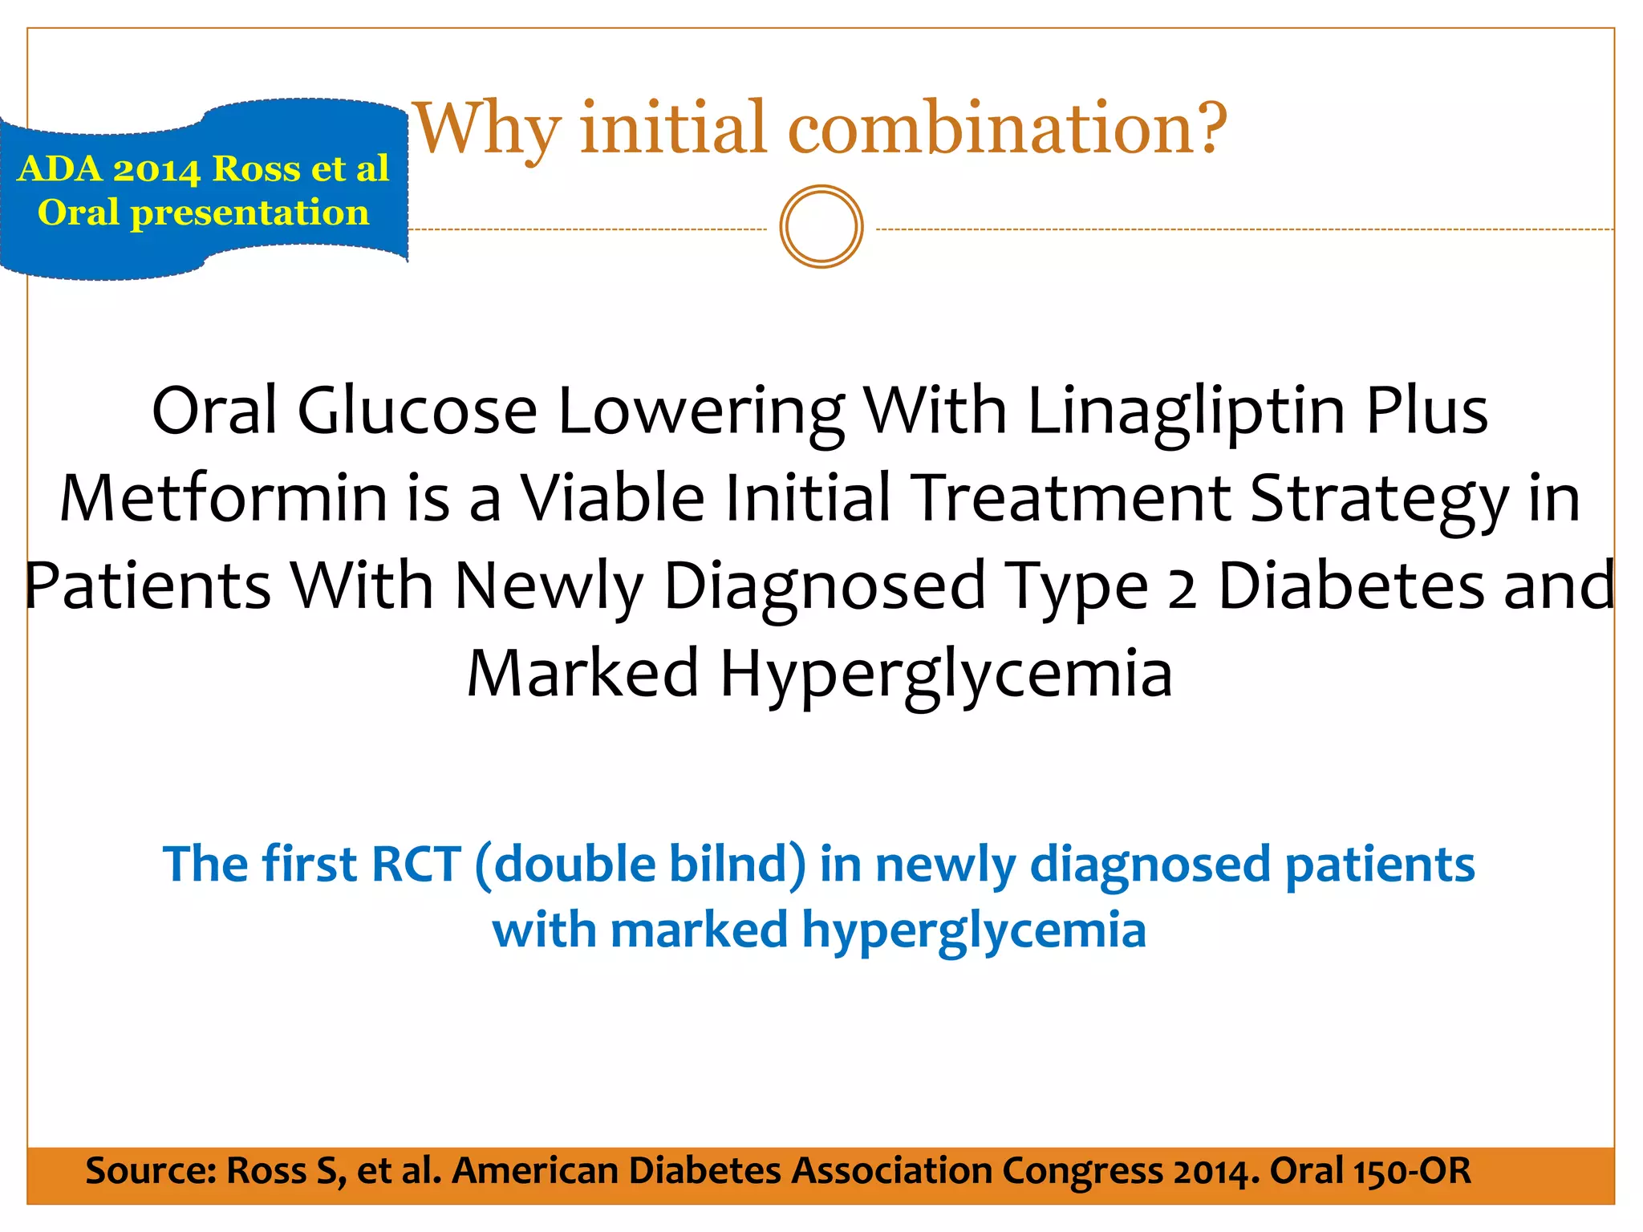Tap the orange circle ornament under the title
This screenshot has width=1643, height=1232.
pyautogui.click(x=821, y=227)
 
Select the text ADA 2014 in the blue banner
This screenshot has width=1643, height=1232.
pyautogui.click(x=109, y=169)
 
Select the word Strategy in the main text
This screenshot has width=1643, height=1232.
pyautogui.click(x=1379, y=498)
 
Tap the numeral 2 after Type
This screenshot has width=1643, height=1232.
pyautogui.click(x=1183, y=586)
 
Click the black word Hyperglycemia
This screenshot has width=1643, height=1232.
pyautogui.click(x=947, y=674)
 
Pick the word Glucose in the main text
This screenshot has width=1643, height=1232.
pyautogui.click(x=417, y=411)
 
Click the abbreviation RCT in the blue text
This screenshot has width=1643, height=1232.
pyautogui.click(x=416, y=865)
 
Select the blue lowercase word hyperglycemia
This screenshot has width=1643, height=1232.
pyautogui.click(x=974, y=930)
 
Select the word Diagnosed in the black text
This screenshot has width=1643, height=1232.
pyautogui.click(x=825, y=586)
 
